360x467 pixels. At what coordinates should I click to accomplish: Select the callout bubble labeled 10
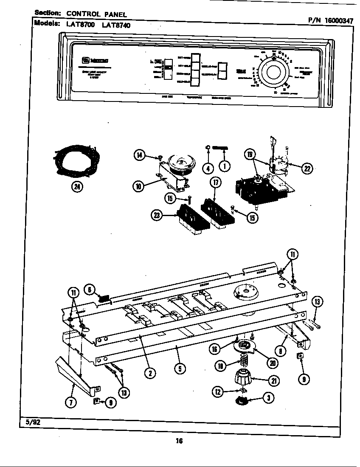point(138,186)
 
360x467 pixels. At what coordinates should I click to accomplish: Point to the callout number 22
point(306,169)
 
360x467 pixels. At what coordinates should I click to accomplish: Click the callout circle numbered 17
point(216,183)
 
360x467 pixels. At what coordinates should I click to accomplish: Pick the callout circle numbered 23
point(157,216)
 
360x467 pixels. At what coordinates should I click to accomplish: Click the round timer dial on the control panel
point(273,73)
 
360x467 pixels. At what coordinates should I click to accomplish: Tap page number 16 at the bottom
point(179,441)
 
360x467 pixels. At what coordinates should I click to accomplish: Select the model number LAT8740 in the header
point(116,25)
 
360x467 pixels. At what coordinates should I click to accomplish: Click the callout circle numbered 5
point(180,369)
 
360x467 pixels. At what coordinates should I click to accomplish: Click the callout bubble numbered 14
point(139,155)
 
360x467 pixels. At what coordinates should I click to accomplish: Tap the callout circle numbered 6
point(89,290)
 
